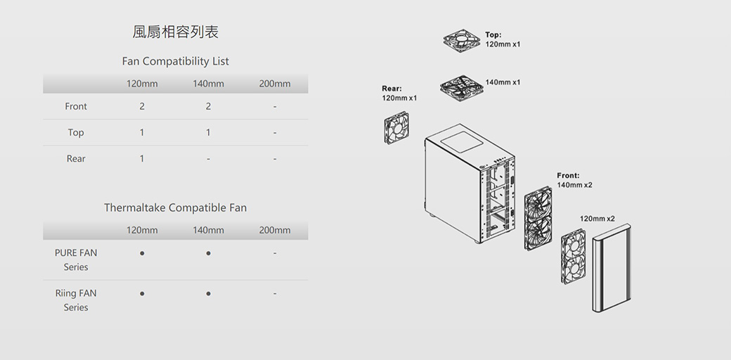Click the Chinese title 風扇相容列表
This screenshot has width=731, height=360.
[x=175, y=32]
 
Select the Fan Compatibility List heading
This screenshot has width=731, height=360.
[x=175, y=61]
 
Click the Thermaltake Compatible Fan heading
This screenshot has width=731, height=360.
[x=175, y=207]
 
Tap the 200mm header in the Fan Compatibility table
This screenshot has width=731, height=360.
[x=275, y=84]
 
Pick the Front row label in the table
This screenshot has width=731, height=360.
[x=76, y=106]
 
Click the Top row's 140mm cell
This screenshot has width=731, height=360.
[x=208, y=132]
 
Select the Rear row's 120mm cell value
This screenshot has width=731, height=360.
[x=142, y=158]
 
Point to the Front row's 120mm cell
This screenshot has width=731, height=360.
[x=142, y=106]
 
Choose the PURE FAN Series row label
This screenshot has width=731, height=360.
[x=76, y=259]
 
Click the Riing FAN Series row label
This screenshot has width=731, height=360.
[x=76, y=300]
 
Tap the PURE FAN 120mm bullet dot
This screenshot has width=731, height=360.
[x=142, y=253]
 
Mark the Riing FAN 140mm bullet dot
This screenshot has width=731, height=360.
[x=208, y=293]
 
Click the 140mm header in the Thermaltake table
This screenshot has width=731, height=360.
[x=208, y=231]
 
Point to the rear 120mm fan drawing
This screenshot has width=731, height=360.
[x=396, y=128]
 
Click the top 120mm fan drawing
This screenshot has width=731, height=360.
[x=462, y=41]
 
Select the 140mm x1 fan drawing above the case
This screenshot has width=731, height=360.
[x=462, y=89]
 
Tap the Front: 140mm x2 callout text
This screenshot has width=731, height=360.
[x=574, y=180]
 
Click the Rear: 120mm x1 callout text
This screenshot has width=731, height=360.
[x=399, y=93]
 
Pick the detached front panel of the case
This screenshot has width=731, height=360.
[x=612, y=268]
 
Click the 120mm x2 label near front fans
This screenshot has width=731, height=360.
[x=597, y=219]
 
